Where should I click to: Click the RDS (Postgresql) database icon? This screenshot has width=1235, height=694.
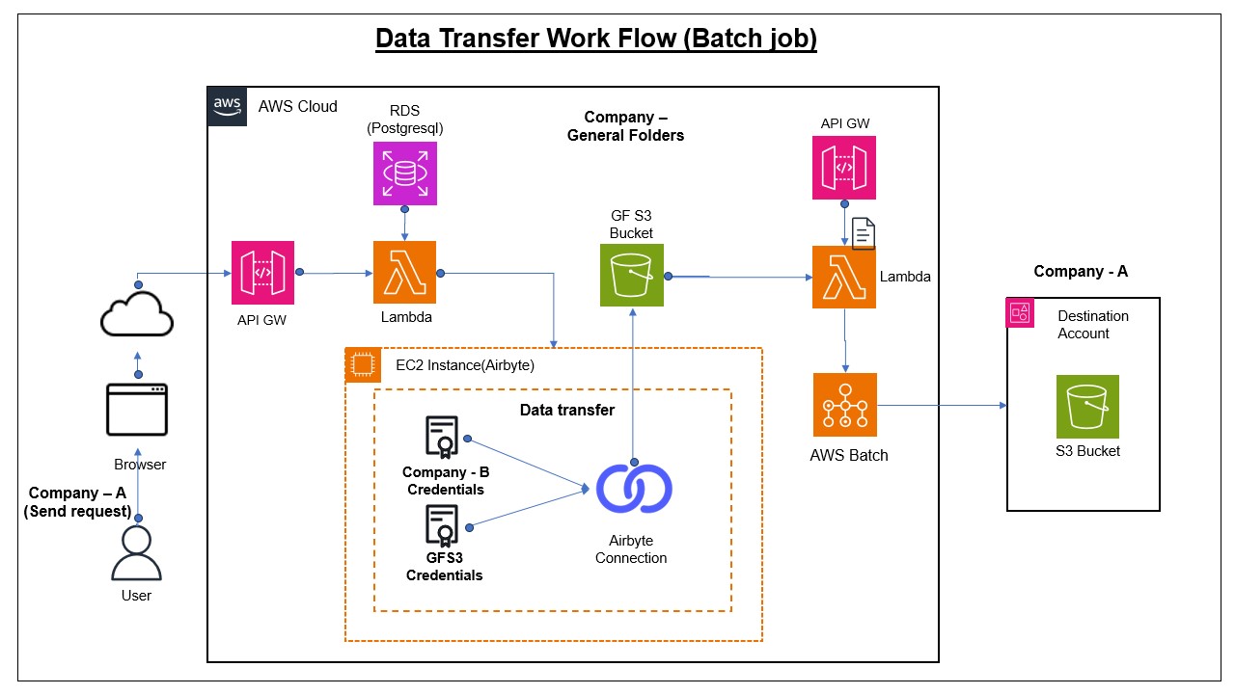(x=405, y=173)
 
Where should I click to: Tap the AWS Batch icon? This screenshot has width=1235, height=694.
(x=845, y=405)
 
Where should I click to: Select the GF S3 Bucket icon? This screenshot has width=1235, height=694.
(x=632, y=275)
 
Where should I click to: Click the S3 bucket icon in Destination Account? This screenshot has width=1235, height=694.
(x=1087, y=407)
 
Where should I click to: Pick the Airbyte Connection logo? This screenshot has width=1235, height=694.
(x=633, y=489)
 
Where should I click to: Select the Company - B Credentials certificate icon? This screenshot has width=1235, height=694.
(x=442, y=439)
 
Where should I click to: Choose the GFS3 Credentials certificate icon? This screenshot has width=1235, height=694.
(x=442, y=527)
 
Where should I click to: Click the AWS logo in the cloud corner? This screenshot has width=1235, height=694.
(x=227, y=105)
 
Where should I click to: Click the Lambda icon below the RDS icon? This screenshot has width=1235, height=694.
(x=405, y=273)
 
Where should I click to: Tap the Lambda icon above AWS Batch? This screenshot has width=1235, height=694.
(x=844, y=277)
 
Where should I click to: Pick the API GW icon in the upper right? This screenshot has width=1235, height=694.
(x=844, y=168)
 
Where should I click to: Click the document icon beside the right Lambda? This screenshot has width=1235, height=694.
(x=864, y=233)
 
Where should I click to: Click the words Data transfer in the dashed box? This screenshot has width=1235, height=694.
(x=567, y=410)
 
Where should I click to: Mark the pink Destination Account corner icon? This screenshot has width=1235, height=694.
(x=1020, y=312)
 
